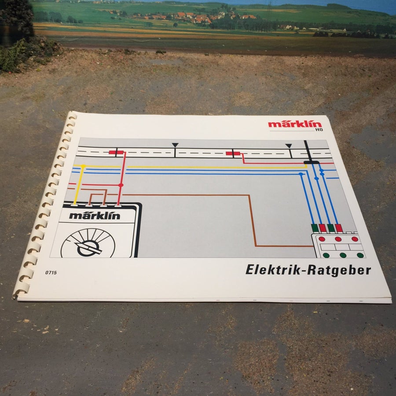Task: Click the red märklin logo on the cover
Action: (295, 124)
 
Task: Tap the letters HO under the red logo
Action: (319, 130)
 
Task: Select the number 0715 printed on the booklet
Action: (51, 272)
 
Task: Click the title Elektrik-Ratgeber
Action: (308, 270)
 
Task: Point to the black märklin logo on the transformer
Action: (95, 216)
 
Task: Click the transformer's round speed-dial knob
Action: (88, 243)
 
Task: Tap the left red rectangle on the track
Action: (116, 152)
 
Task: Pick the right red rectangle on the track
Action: (233, 154)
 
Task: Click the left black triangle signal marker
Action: (175, 145)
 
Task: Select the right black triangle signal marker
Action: (288, 146)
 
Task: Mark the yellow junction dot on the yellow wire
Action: (83, 166)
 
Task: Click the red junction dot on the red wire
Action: (121, 185)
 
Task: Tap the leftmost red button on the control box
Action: (322, 239)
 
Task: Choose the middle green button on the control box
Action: (343, 255)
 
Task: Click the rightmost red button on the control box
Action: (355, 239)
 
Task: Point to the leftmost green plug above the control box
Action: (315, 228)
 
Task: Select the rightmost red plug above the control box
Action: (339, 228)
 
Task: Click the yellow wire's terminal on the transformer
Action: (74, 205)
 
